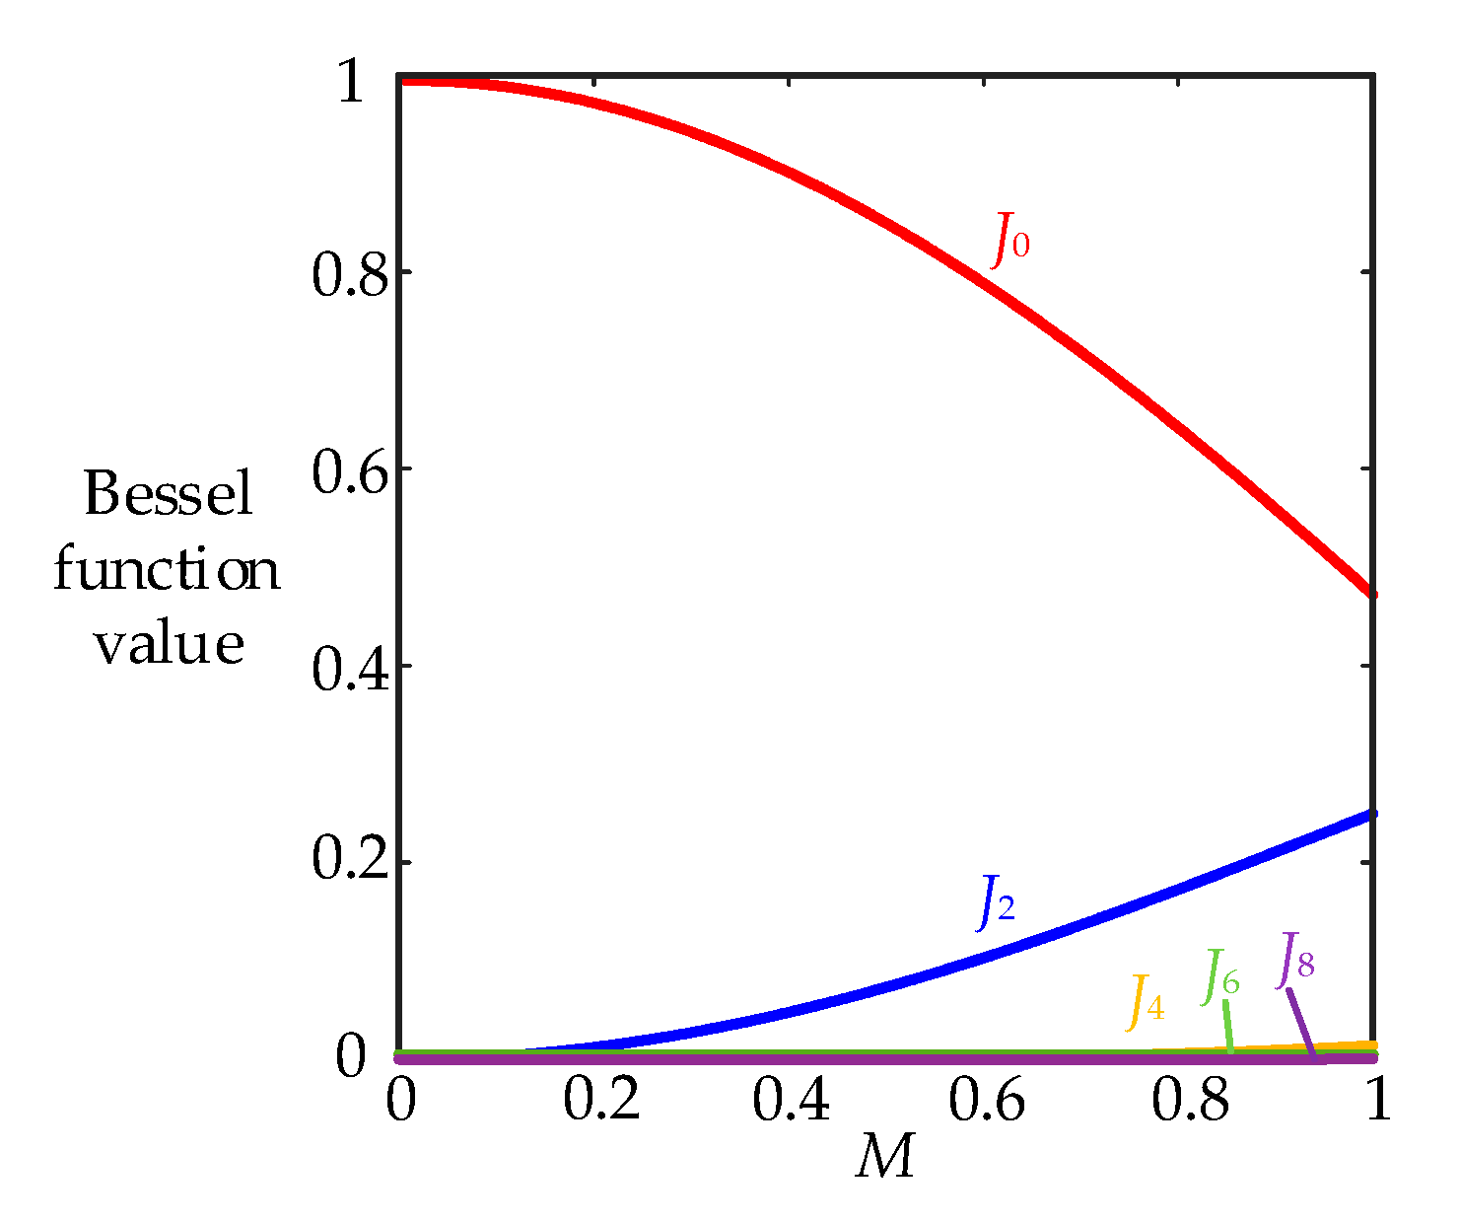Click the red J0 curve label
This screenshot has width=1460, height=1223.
[1010, 240]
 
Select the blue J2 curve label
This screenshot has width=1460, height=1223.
[997, 902]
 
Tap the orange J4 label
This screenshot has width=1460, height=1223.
[1146, 1002]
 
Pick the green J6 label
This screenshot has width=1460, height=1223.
[1220, 976]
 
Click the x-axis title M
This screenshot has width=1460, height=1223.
[885, 1156]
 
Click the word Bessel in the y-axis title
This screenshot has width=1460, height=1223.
[169, 493]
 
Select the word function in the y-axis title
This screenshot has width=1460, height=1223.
[167, 569]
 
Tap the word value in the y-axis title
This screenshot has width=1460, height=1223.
[169, 643]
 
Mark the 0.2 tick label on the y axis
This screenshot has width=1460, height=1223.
[351, 859]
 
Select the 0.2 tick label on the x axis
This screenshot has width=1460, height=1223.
[601, 1100]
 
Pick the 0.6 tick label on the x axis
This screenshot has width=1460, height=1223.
[987, 1100]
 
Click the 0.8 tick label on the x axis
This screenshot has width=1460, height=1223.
[1190, 1100]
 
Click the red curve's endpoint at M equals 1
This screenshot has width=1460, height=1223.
[1371, 594]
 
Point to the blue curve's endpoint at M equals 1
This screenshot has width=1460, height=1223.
[1371, 814]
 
